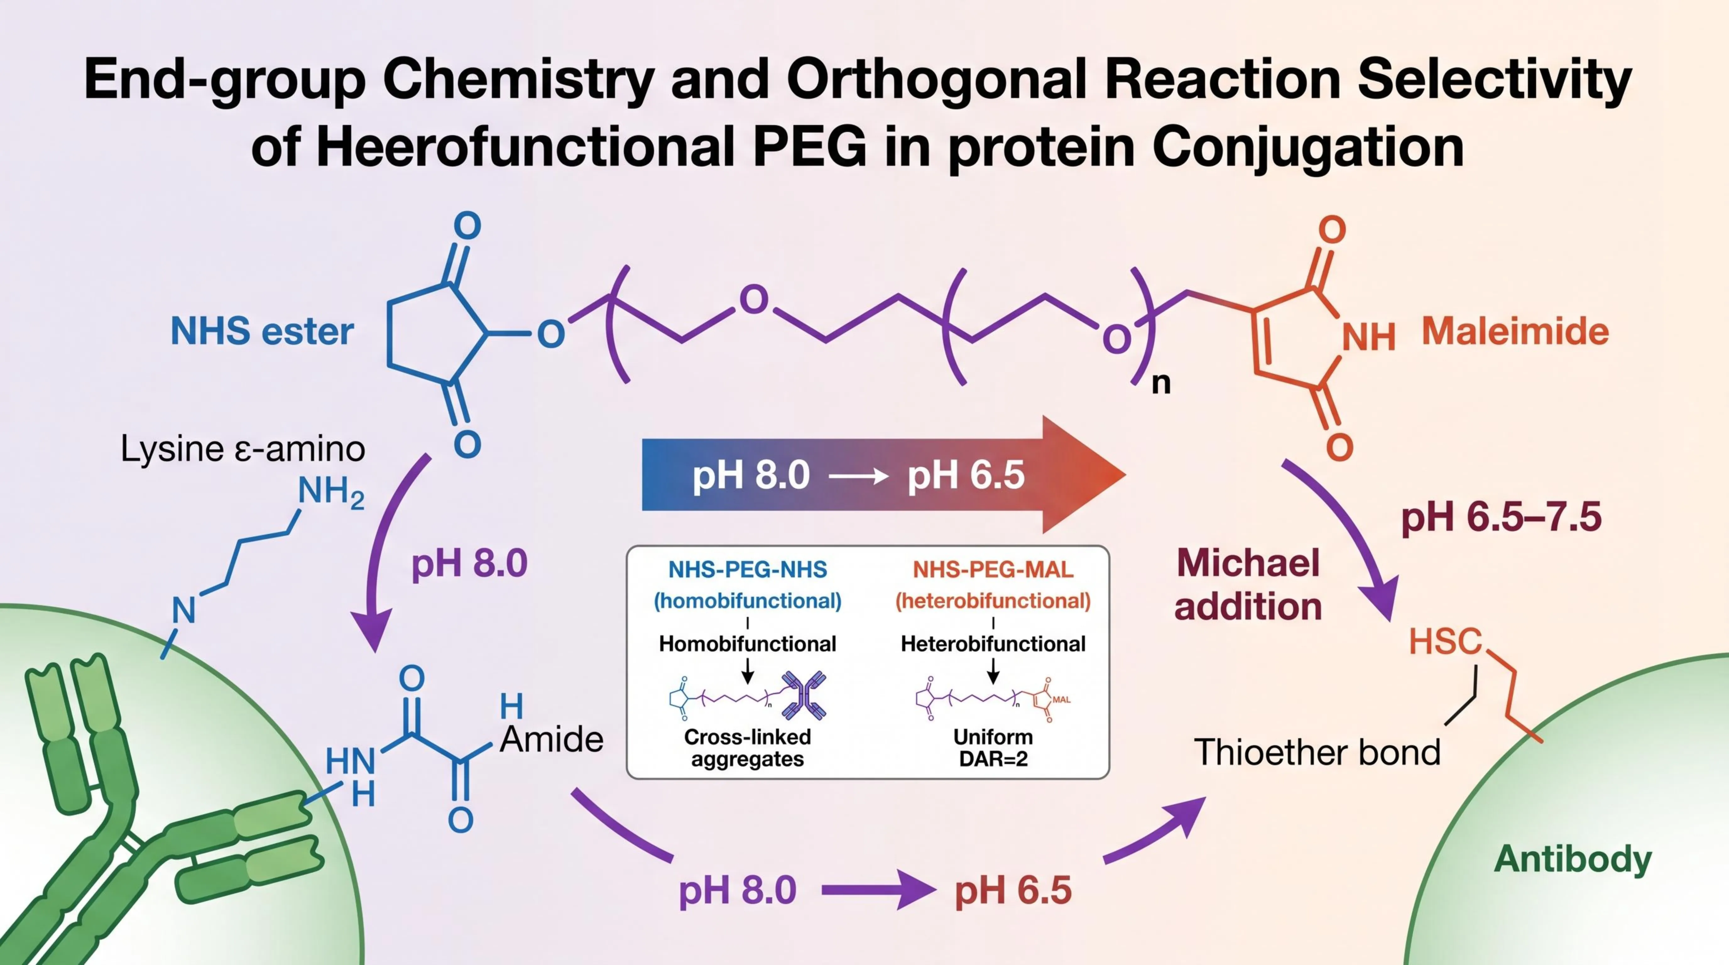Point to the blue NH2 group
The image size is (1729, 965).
tap(331, 492)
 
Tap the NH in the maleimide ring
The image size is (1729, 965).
tap(1369, 337)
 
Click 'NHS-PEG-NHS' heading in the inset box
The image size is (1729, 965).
tap(748, 570)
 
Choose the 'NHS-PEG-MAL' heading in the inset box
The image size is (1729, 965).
tap(993, 570)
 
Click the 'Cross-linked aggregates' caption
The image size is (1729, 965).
tap(748, 748)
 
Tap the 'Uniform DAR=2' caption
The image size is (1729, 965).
tap(993, 748)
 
